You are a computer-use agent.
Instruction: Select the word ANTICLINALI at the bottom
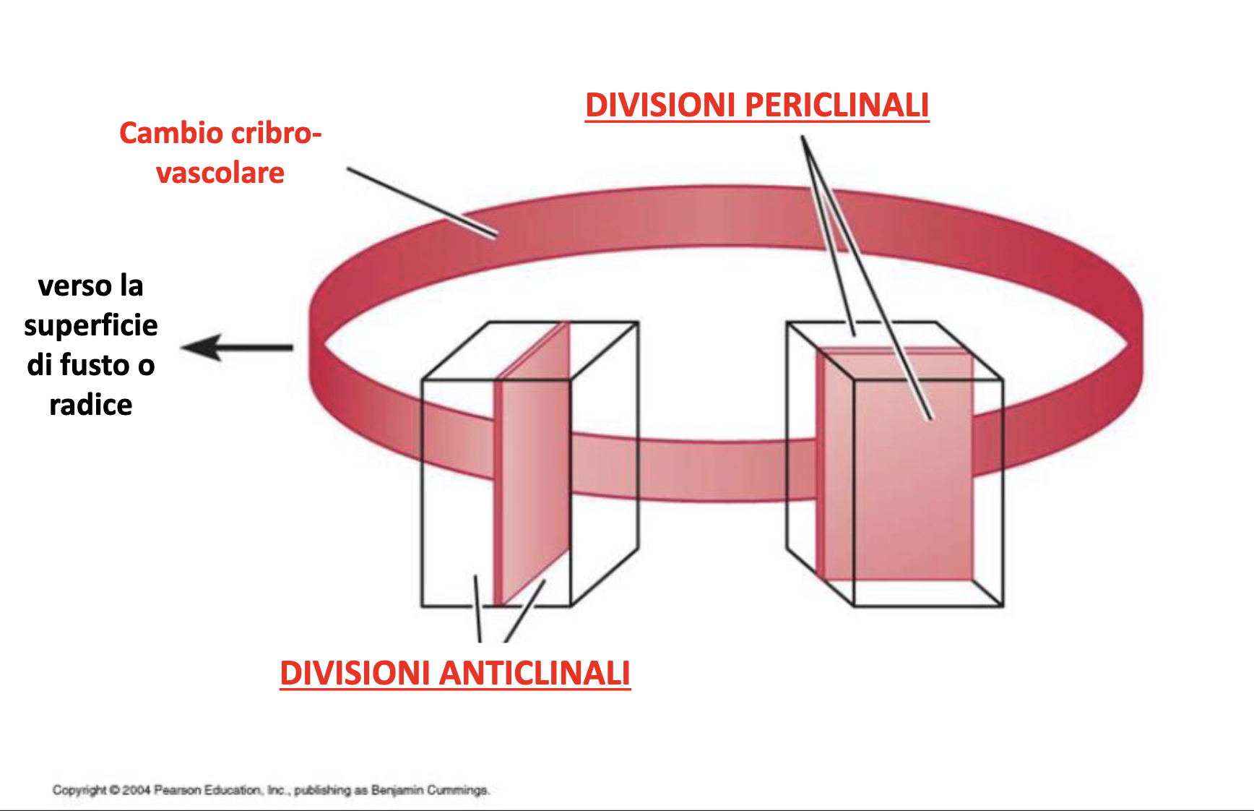535,674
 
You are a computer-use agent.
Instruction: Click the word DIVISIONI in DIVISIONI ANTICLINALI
355,674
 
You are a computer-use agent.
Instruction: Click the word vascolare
220,173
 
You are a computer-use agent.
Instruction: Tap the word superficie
91,325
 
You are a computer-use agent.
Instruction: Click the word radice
91,405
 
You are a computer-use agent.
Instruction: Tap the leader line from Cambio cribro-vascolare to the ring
422,202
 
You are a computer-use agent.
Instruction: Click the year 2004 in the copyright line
136,790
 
